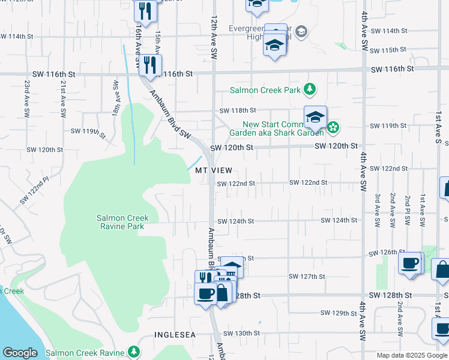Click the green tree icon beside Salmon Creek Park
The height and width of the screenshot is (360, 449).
(309, 91)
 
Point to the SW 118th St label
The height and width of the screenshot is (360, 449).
(237, 110)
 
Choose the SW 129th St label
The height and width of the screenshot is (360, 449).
(339, 313)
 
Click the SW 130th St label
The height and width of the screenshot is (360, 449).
(242, 333)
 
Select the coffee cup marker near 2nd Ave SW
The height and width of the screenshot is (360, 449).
(411, 263)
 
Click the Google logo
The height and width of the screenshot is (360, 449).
(20, 353)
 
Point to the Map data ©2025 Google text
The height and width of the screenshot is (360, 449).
(411, 355)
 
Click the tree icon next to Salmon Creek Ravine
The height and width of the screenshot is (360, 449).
(136, 353)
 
